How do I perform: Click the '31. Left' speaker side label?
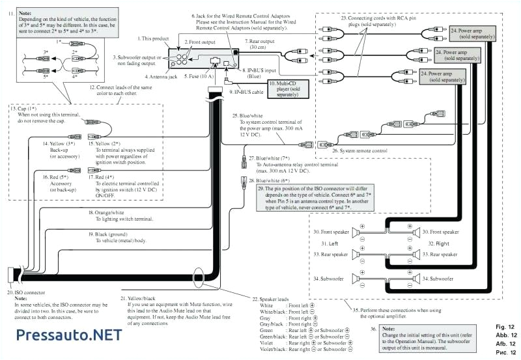coord(330,243)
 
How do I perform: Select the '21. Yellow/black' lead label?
coord(145,298)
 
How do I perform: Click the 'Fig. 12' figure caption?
coord(504,326)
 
